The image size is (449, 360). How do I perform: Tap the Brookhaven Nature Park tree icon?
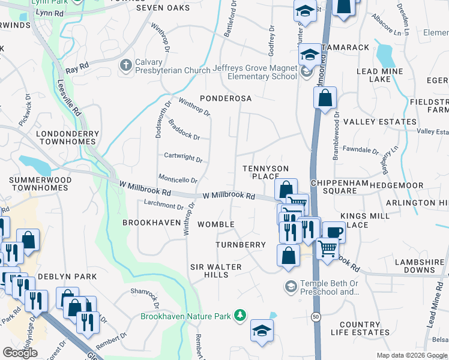pos(240,315)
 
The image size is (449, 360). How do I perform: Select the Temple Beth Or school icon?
pos(291,286)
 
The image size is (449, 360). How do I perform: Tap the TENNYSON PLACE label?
pos(265,172)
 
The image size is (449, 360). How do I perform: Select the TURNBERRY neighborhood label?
pos(241,245)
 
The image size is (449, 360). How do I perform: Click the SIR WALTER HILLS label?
pos(215,271)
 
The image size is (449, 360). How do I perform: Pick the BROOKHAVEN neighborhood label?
pos(151,222)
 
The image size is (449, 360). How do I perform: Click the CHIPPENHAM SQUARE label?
pos(333,186)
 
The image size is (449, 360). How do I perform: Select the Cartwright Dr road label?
pos(183,158)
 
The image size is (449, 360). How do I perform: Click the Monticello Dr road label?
pos(178,179)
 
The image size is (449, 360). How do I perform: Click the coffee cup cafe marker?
pos(334,232)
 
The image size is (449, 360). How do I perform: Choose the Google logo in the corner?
pos(20,353)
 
